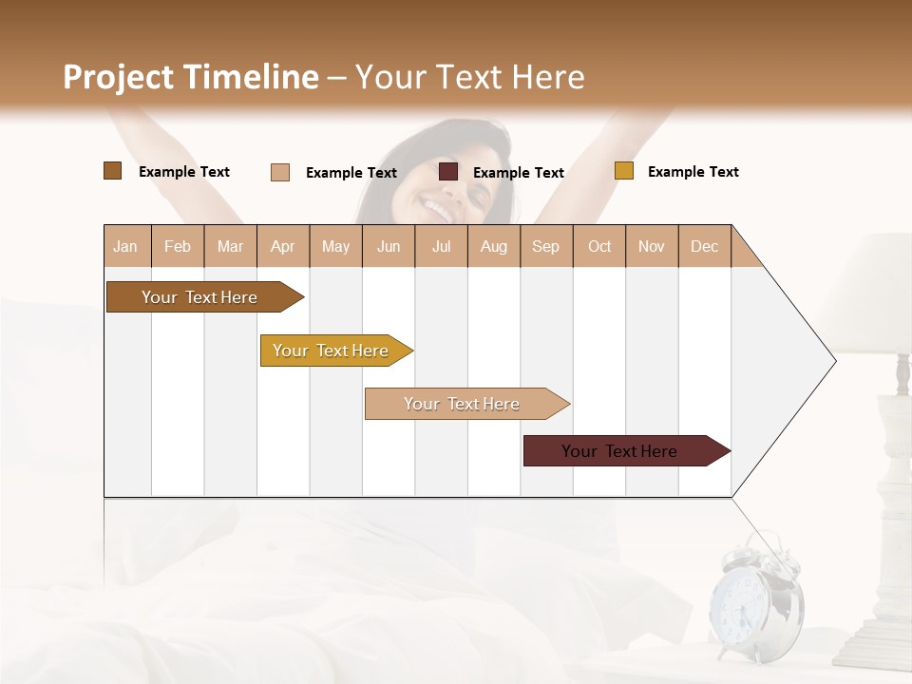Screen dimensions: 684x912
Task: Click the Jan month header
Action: point(125,246)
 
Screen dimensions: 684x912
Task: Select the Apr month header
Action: point(282,246)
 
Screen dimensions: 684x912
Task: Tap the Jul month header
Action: point(441,246)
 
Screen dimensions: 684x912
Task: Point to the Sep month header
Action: point(545,246)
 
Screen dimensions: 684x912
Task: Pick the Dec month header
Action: point(704,246)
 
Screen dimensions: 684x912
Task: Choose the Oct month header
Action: point(599,246)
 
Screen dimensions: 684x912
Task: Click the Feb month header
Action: point(178,246)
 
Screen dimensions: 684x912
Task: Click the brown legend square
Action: point(112,171)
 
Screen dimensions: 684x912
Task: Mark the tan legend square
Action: point(280,172)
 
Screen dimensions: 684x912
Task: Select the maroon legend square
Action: point(448,172)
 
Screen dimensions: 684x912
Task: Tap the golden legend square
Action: point(623,171)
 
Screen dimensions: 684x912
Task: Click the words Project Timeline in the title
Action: point(191,77)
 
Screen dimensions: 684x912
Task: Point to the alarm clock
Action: point(756,604)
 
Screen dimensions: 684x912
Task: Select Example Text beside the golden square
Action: point(693,172)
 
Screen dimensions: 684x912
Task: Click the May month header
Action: point(335,246)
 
